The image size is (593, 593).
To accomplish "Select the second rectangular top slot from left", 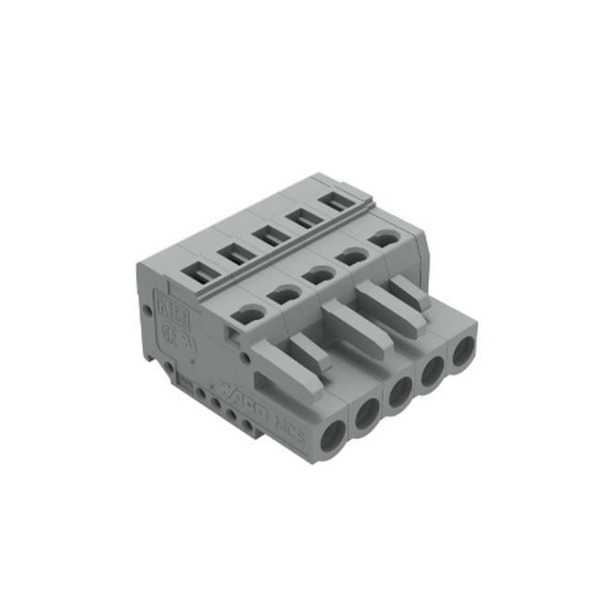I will pyautogui.click(x=232, y=253).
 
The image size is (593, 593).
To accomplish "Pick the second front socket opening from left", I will pyautogui.click(x=365, y=415).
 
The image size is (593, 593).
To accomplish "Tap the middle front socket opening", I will pyautogui.click(x=400, y=393).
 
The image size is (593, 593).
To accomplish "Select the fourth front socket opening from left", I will pyautogui.click(x=433, y=373).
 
